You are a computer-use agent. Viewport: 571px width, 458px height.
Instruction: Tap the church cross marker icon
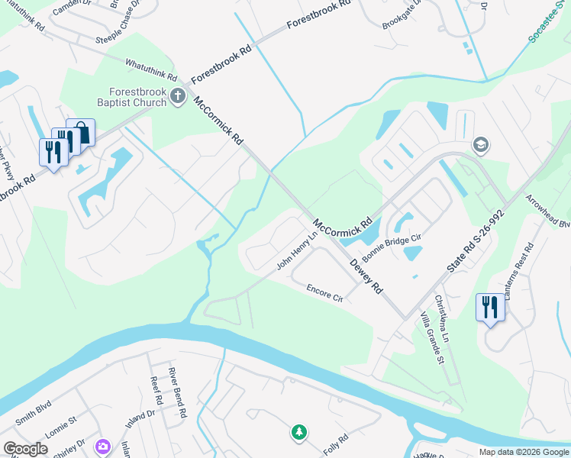178,96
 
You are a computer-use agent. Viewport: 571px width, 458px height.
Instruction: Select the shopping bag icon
81,133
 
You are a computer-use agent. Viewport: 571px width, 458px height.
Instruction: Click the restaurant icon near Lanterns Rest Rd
489,308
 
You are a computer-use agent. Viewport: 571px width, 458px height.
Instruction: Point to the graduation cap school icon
481,144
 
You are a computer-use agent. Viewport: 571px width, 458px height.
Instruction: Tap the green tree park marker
298,433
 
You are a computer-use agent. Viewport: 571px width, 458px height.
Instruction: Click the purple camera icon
102,446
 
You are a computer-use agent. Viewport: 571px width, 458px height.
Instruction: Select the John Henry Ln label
296,252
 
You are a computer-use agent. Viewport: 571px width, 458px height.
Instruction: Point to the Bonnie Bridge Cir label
392,246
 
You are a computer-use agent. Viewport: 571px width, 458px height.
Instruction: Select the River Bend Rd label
178,392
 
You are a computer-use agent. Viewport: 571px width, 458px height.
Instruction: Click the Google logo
26,449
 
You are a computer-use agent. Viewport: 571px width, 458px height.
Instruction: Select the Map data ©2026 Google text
523,452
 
